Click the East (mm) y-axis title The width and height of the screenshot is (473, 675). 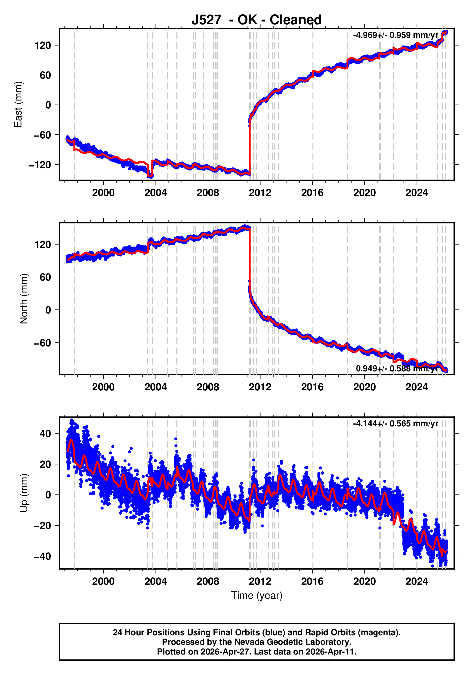click(x=18, y=104)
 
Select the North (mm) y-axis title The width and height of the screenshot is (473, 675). click(x=24, y=299)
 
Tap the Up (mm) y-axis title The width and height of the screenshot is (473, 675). click(x=24, y=493)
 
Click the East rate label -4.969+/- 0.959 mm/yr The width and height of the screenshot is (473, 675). click(x=395, y=35)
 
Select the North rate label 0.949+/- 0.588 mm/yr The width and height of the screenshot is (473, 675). click(x=397, y=368)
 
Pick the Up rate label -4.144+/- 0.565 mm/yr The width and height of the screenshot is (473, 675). click(x=395, y=424)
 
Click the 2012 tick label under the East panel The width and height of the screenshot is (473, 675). click(x=260, y=193)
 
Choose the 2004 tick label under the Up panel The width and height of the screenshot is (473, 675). click(x=156, y=581)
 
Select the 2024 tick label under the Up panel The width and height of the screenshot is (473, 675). click(x=417, y=581)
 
